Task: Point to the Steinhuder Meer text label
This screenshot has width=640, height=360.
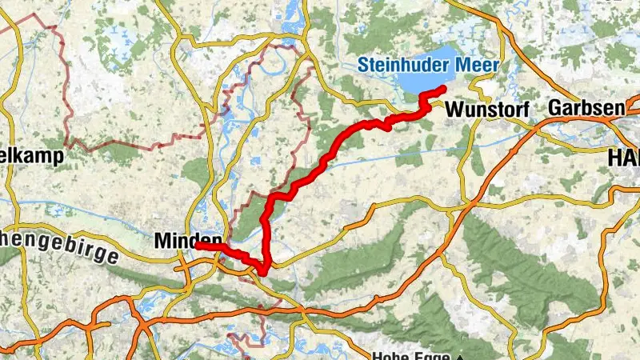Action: (x=430, y=65)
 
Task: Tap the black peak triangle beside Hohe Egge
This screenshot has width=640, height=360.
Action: (x=461, y=356)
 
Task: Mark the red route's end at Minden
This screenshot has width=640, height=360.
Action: (x=197, y=246)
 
